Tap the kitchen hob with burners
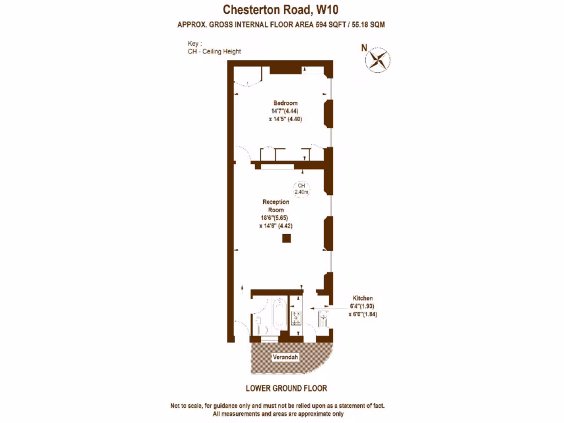coord(296,318)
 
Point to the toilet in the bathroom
coord(258,326)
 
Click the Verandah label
coord(285,357)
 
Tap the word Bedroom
coord(285,103)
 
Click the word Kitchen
coord(362,298)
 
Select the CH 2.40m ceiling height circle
coord(301,189)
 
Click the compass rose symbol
coord(378,59)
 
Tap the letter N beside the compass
coord(364,48)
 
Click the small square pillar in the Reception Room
coord(286,238)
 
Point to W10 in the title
coord(327,10)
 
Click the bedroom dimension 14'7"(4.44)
coord(285,111)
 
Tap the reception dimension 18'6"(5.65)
coord(274,218)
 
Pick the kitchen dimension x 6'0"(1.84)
coord(363,314)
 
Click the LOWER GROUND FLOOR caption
coord(286,388)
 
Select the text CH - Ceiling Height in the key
coord(214,51)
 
